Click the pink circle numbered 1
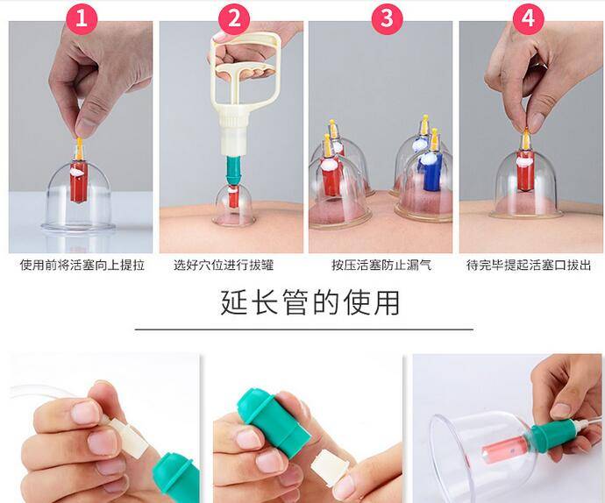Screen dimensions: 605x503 click(82, 18)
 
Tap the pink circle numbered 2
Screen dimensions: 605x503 click(234, 18)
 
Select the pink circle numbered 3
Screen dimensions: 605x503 click(387, 18)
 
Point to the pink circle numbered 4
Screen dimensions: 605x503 click(528, 18)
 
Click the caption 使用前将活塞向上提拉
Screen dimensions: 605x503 click(82, 266)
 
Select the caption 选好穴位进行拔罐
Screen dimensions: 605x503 click(224, 266)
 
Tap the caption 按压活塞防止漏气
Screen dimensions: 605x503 click(381, 266)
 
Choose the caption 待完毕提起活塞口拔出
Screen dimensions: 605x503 click(529, 266)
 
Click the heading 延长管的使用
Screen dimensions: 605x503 click(310, 302)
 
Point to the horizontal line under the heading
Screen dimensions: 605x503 click(304, 329)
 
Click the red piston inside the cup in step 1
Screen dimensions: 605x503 click(78, 181)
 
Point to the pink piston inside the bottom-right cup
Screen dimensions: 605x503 click(502, 448)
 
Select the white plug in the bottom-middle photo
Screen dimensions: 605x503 click(329, 468)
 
